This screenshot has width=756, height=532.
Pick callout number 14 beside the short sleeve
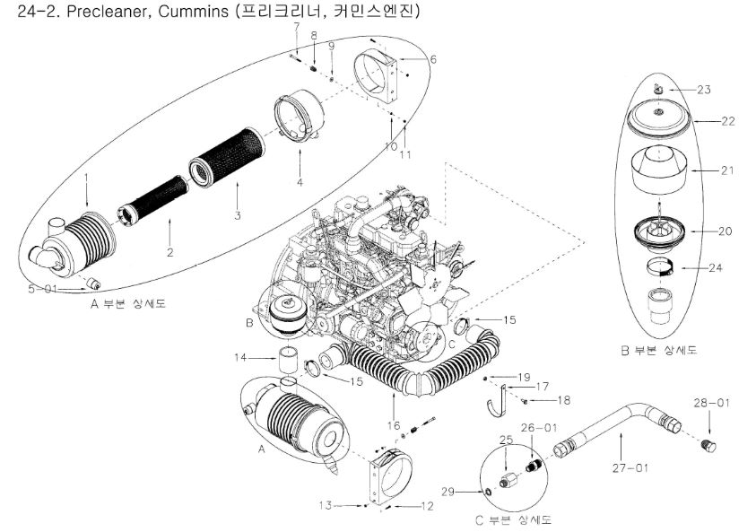pos(239,358)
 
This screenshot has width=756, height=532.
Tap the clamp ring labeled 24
pos(660,266)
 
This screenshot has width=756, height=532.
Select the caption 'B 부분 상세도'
pos(659,351)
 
